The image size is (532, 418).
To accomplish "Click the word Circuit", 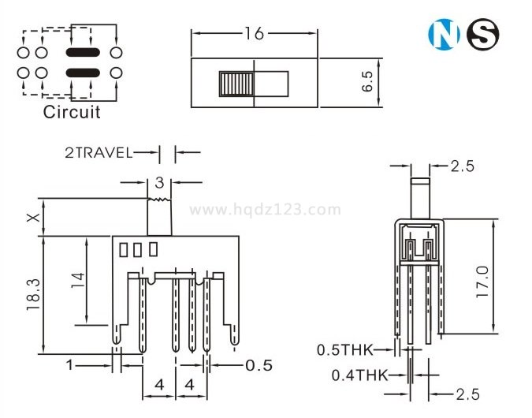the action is pyautogui.click(x=72, y=112).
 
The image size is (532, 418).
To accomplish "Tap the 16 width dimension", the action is pyautogui.click(x=254, y=34).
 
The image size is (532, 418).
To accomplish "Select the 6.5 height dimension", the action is pyautogui.click(x=367, y=81).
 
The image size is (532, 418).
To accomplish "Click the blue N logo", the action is pyautogui.click(x=445, y=34).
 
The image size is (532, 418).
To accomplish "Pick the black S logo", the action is pyautogui.click(x=483, y=34).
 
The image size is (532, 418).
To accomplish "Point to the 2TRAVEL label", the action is pyautogui.click(x=99, y=153).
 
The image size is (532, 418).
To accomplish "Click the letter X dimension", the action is pyautogui.click(x=33, y=218).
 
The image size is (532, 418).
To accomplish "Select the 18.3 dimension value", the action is pyautogui.click(x=34, y=295).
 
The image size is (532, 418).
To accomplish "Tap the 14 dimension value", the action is pyautogui.click(x=78, y=280).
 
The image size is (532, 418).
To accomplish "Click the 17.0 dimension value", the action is pyautogui.click(x=482, y=282).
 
